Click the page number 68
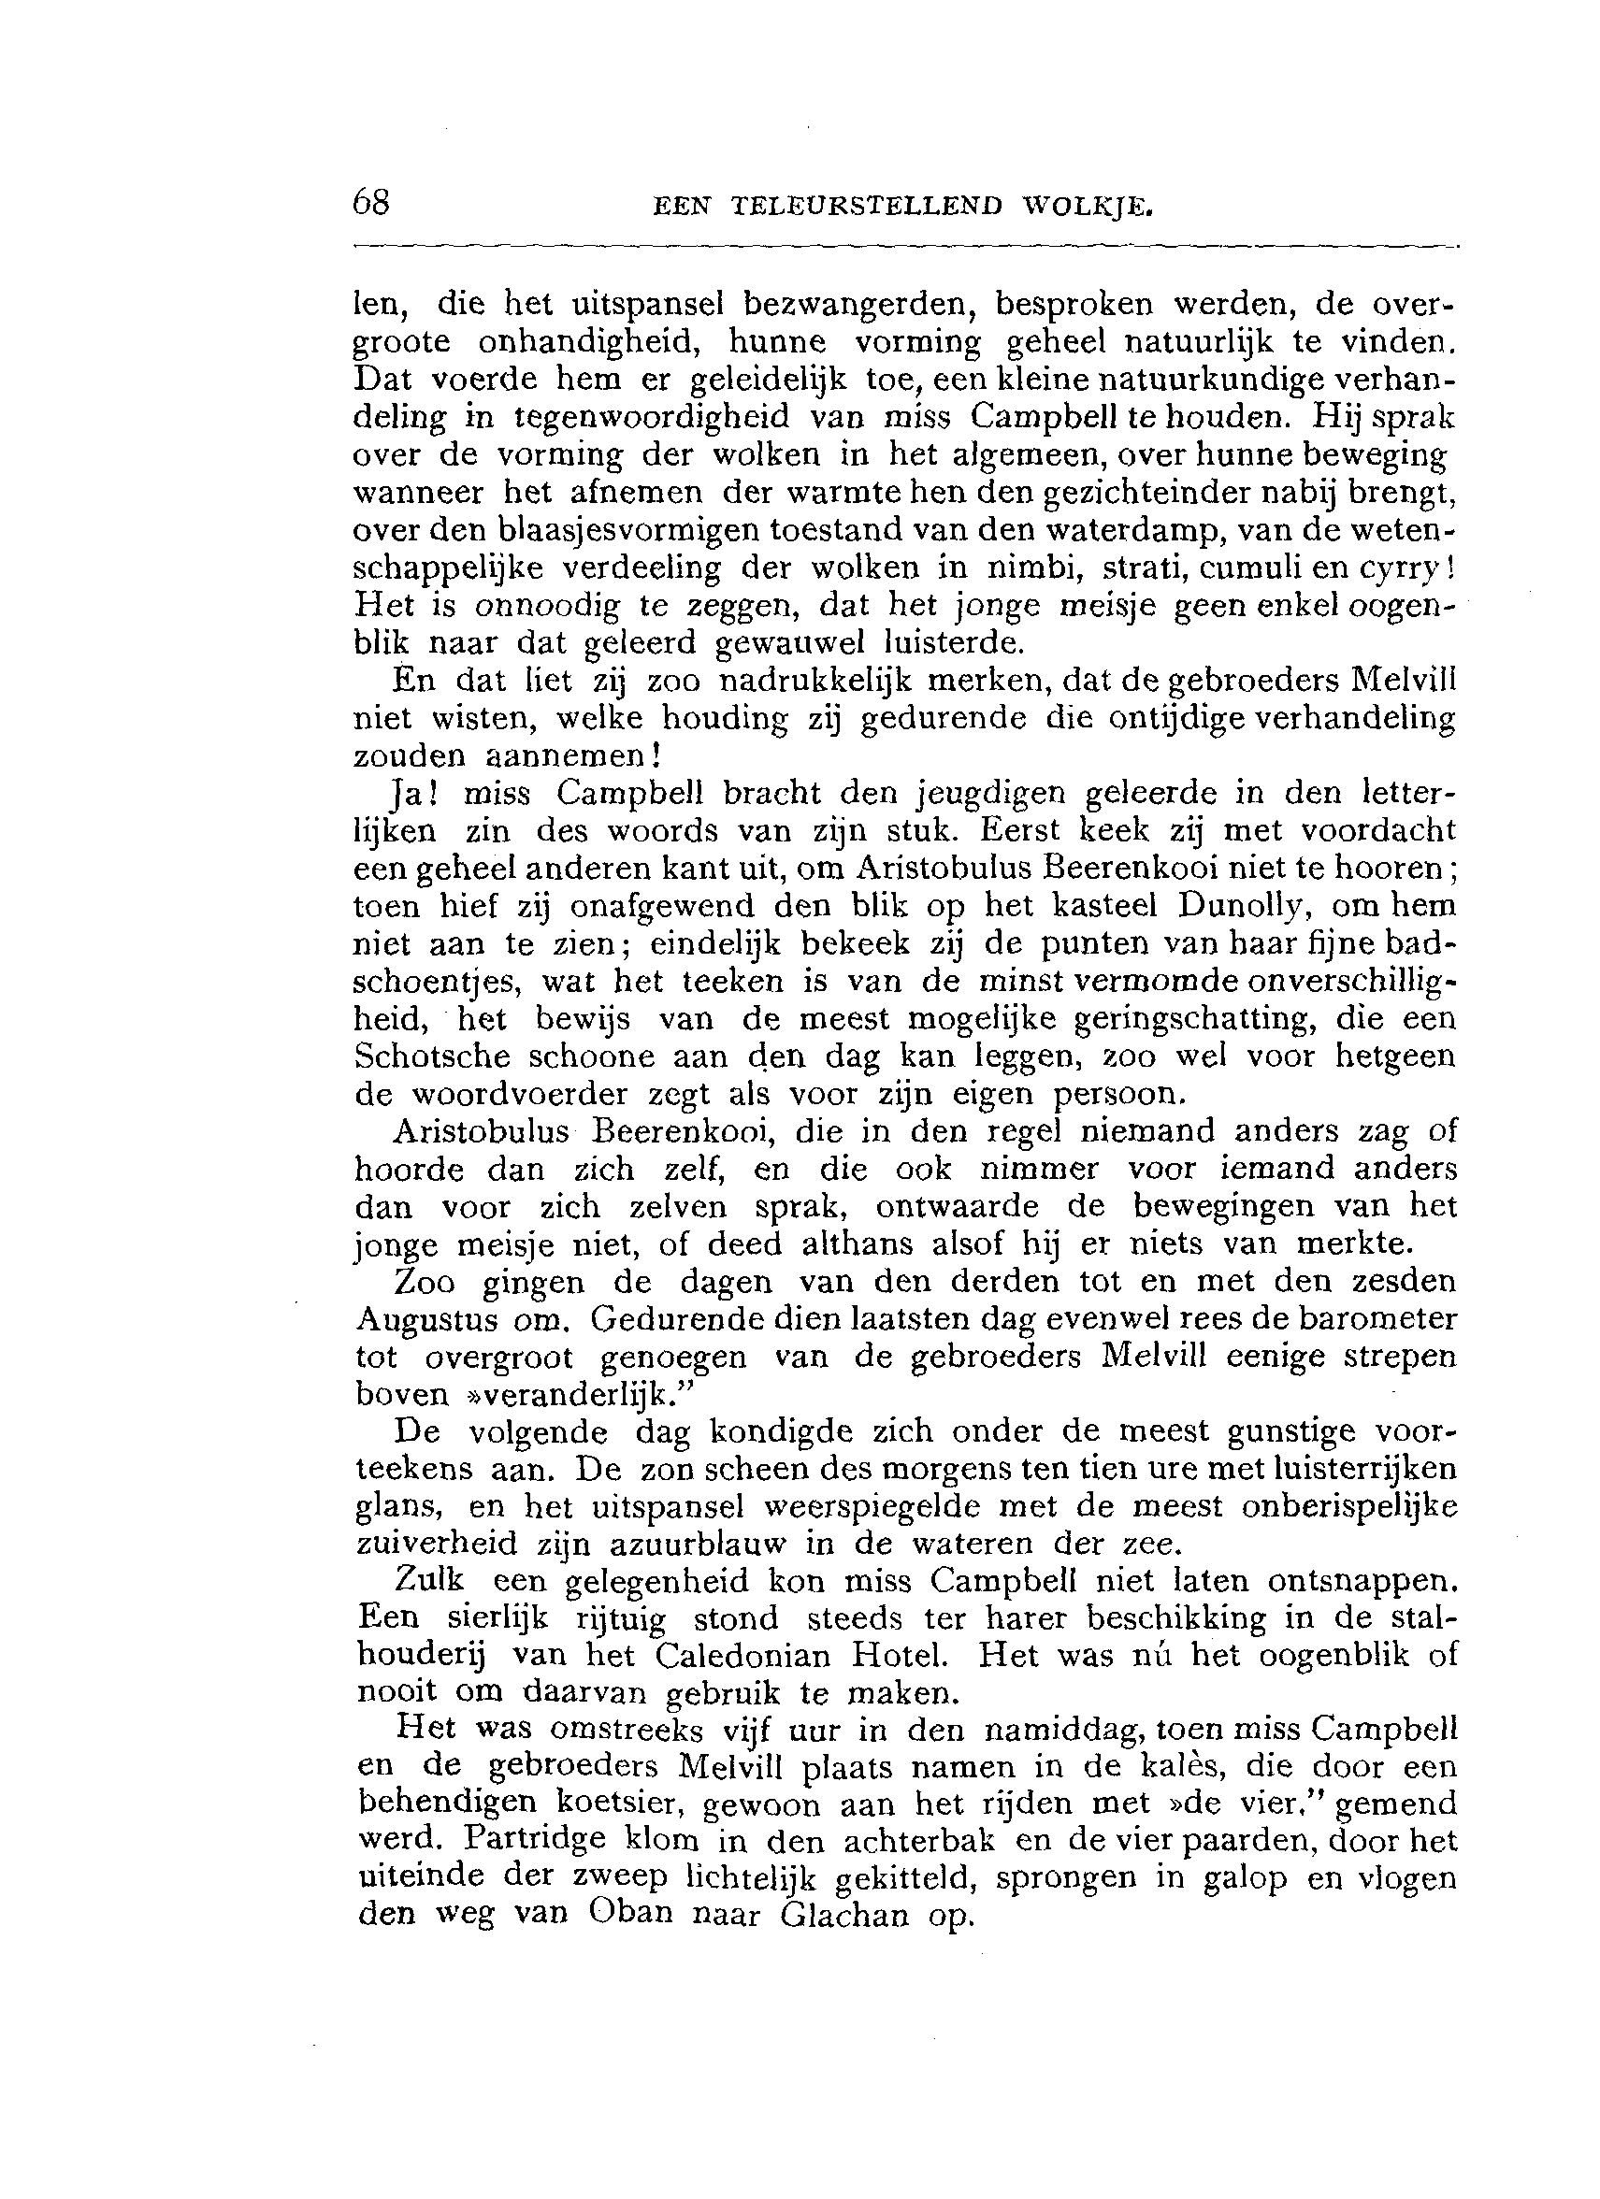point(371,202)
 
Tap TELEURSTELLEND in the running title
point(866,207)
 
